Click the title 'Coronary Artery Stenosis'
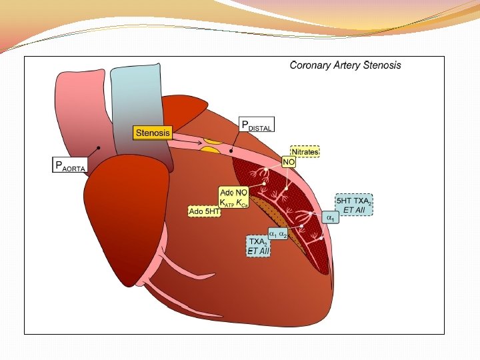(x=345, y=65)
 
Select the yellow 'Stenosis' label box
(x=153, y=133)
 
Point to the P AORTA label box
(x=69, y=166)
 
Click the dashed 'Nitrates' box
(x=305, y=152)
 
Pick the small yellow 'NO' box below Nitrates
(x=289, y=162)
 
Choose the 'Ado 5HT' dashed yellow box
(x=205, y=211)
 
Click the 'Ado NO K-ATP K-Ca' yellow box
(x=235, y=197)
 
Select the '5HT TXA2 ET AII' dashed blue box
(x=353, y=205)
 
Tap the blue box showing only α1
(x=329, y=218)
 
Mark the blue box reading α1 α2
(x=278, y=234)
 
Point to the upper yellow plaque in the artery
(x=213, y=140)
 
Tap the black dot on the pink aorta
(x=99, y=147)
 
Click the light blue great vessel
(x=136, y=93)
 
